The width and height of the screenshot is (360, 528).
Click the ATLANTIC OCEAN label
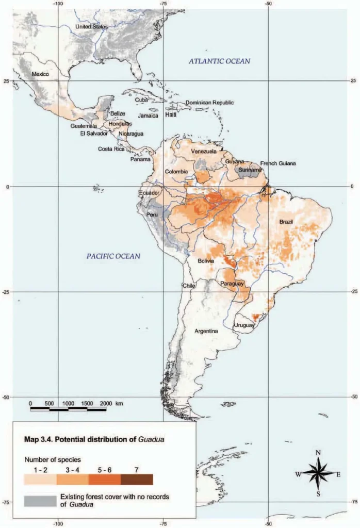tap(219, 61)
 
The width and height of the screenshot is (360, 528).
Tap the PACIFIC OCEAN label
tap(113, 256)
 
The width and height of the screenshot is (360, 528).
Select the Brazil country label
tap(286, 222)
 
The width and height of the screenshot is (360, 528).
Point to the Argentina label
tap(206, 331)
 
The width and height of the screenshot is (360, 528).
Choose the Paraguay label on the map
tap(232, 284)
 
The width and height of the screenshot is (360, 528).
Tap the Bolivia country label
tap(206, 261)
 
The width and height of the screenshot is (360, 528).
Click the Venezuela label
tap(204, 152)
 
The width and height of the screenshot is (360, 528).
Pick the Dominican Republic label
tap(209, 103)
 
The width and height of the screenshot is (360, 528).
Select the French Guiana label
tap(278, 163)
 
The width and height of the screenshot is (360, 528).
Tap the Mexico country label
tap(40, 74)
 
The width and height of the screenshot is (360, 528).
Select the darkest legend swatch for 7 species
tap(137, 480)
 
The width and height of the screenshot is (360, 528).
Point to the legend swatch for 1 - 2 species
tap(40, 480)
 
